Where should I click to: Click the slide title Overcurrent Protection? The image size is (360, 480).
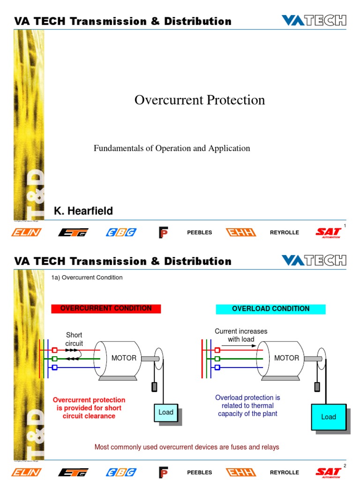[200, 100]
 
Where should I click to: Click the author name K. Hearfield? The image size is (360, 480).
[83, 211]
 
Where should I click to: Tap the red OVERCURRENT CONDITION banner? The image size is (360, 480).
[106, 308]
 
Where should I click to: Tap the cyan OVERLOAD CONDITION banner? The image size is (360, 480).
[270, 309]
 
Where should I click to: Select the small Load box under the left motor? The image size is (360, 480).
[166, 412]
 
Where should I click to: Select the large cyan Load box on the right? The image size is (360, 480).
[328, 416]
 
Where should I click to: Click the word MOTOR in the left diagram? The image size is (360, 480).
[124, 358]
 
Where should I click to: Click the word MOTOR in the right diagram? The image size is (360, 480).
[286, 358]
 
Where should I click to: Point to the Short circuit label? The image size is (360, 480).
[74, 339]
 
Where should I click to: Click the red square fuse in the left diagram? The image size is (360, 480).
[54, 350]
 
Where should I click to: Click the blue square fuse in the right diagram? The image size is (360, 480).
[217, 367]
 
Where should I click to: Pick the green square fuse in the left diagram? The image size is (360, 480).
[54, 359]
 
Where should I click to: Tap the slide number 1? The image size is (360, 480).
[345, 226]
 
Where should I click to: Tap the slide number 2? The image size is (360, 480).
[345, 465]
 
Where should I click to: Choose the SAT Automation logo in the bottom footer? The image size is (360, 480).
[328, 472]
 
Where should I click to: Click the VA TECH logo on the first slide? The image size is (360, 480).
[314, 21]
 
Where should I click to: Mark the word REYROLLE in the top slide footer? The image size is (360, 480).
[284, 232]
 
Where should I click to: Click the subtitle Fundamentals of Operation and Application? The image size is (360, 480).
[172, 148]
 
